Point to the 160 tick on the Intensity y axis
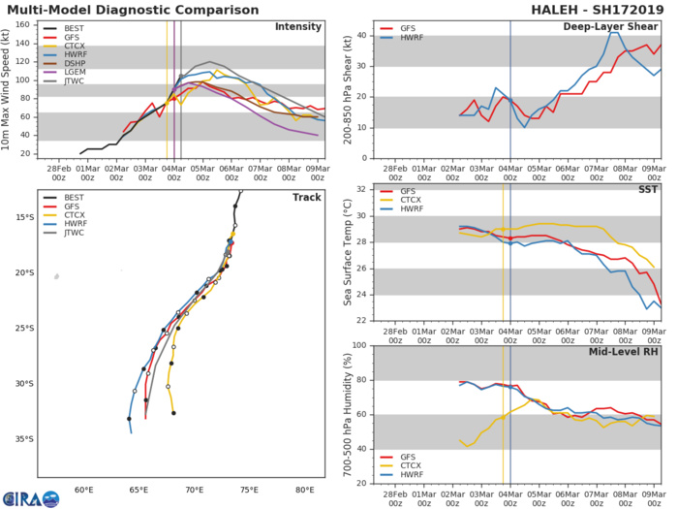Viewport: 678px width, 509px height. (27, 26)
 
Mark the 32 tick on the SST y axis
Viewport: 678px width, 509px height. (359, 190)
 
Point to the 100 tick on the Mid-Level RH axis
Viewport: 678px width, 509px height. (357, 346)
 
